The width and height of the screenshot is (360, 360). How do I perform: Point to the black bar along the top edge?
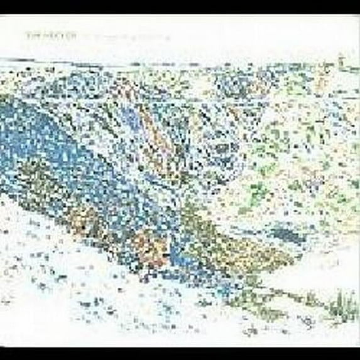(180, 6)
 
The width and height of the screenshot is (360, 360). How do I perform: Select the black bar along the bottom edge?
(180, 354)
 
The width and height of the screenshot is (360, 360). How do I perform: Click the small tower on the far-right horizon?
(340, 60)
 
